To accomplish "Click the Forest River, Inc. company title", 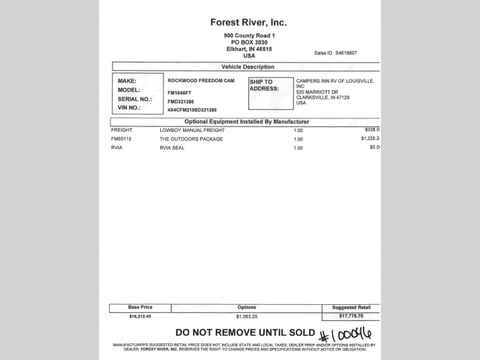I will tap(248, 23).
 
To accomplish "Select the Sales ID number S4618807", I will tap(346, 53).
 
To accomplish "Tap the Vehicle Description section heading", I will tap(248, 67).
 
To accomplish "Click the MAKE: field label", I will tap(127, 81).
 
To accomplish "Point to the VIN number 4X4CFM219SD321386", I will tap(192, 110).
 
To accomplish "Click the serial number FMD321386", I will tap(181, 102).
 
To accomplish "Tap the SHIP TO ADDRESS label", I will tap(264, 85).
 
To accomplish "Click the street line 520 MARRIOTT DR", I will tap(320, 92).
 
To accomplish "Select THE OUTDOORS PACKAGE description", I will tap(191, 139).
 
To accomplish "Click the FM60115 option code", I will tap(121, 139).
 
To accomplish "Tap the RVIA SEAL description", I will tap(172, 148).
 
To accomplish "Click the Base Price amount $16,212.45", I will tap(140, 316).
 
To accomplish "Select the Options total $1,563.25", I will tap(247, 316).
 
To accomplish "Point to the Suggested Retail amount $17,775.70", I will tap(351, 316).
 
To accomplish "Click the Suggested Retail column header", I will tap(351, 307).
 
